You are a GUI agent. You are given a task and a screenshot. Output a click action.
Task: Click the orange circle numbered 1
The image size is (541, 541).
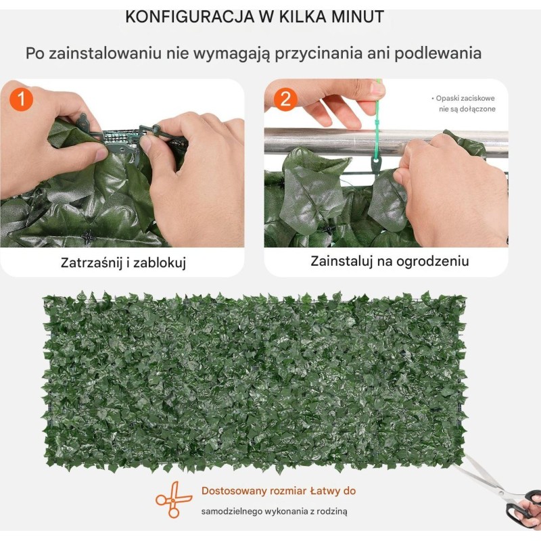22,99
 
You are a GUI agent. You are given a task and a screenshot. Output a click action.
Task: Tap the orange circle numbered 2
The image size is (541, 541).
285,99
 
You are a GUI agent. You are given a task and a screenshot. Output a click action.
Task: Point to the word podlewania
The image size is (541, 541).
438,53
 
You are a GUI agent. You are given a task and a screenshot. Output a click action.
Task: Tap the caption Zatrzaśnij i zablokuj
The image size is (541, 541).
123,262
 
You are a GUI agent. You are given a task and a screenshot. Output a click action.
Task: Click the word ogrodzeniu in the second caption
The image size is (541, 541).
432,262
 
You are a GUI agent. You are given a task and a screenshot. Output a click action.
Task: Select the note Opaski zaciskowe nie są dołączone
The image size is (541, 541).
463,103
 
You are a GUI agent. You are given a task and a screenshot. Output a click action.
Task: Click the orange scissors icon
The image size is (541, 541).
173,499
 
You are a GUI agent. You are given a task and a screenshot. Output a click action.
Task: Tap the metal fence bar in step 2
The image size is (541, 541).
386,142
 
